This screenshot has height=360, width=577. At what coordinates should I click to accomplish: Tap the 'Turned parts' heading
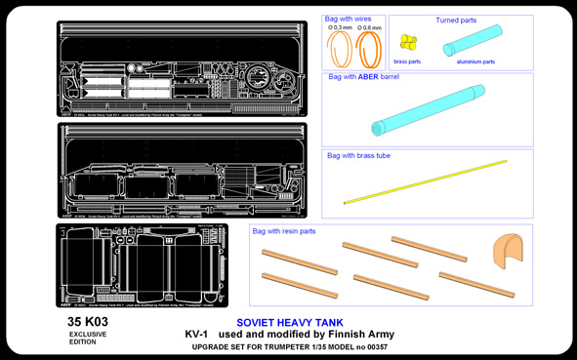456,20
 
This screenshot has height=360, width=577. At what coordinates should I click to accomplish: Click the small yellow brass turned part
408,42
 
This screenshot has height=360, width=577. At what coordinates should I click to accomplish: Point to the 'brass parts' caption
407,61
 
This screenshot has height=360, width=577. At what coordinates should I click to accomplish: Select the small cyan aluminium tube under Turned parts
473,41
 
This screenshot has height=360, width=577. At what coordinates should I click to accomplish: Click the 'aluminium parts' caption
475,61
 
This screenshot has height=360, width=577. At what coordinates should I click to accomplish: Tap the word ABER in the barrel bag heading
368,76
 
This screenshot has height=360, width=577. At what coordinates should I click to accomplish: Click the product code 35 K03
88,321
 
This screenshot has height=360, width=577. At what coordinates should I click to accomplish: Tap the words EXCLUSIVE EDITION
88,338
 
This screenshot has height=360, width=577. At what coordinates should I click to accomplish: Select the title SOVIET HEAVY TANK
289,323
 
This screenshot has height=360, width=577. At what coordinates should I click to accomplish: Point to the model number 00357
373,347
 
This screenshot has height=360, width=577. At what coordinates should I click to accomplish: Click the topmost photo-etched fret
182,68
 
